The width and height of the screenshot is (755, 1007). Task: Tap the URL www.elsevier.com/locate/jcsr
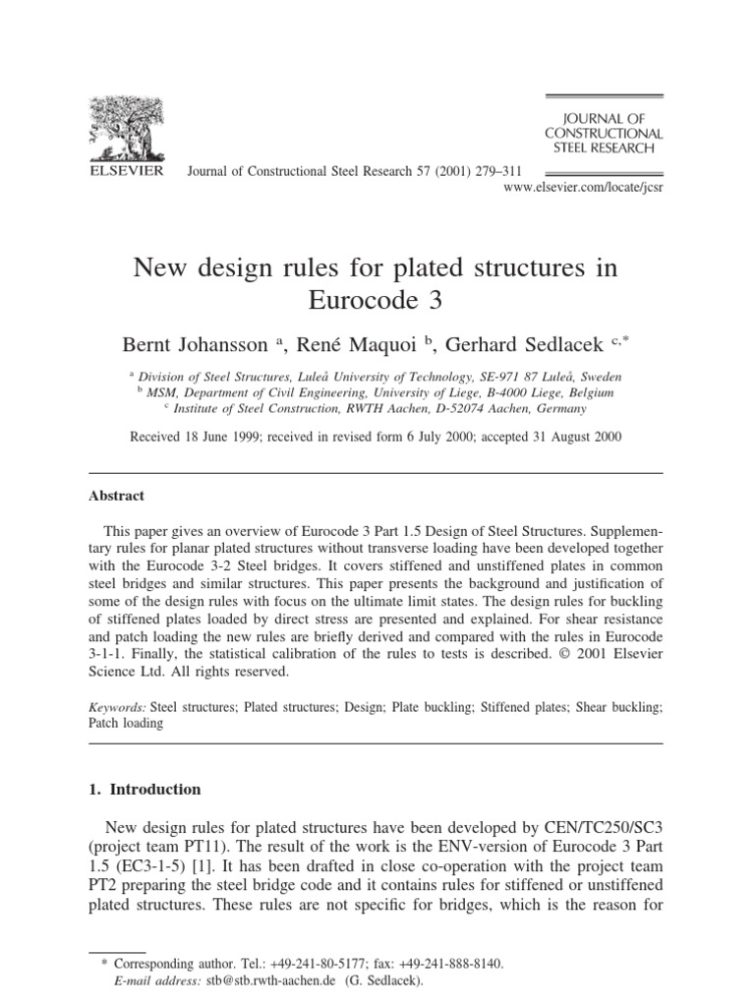tap(583, 186)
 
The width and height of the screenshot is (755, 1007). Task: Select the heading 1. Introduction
tap(152, 789)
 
